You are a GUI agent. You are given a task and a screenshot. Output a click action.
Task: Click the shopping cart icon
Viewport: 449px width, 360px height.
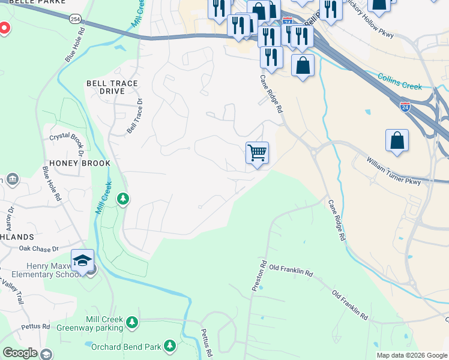tap(257, 153)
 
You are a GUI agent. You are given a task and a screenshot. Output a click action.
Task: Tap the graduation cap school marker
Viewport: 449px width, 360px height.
tap(82, 260)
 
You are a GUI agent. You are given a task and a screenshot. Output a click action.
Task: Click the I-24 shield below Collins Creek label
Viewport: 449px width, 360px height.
tap(405, 107)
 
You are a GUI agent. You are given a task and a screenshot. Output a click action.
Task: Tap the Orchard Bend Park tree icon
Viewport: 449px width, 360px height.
tap(170, 346)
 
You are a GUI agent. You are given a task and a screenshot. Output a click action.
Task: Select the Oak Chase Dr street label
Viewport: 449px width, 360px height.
tap(38, 248)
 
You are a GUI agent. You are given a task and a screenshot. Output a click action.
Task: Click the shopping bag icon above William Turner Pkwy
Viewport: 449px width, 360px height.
tap(397, 141)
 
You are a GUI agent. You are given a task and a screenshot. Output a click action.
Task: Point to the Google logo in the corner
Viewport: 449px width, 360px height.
tap(19, 353)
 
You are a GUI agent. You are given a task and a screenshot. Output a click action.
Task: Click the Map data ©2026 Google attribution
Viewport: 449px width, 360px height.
tap(411, 355)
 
